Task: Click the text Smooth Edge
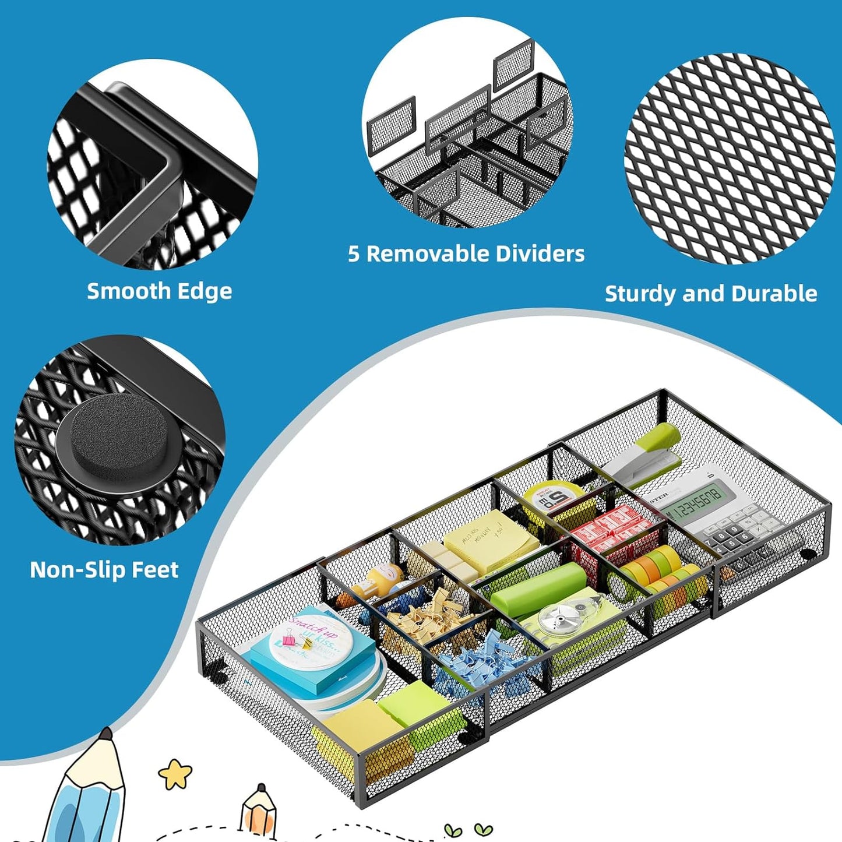point(159,291)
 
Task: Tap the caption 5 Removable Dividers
point(466,253)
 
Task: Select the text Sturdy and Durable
point(710,293)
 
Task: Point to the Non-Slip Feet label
point(104,569)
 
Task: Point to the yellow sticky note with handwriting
point(491,541)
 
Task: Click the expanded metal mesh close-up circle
point(728,158)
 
